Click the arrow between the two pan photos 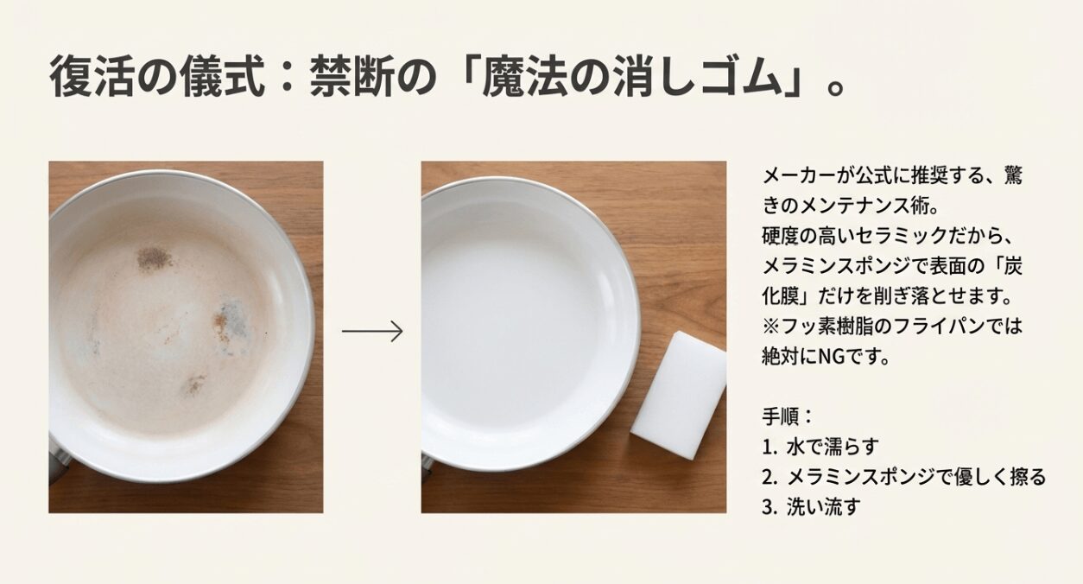(372, 331)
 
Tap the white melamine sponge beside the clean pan (678, 395)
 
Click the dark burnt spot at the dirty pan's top (154, 257)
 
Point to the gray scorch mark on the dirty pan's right (231, 321)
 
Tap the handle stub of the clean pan (426, 467)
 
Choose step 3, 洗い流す (811, 506)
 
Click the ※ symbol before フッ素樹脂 (770, 326)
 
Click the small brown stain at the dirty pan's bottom (193, 385)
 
